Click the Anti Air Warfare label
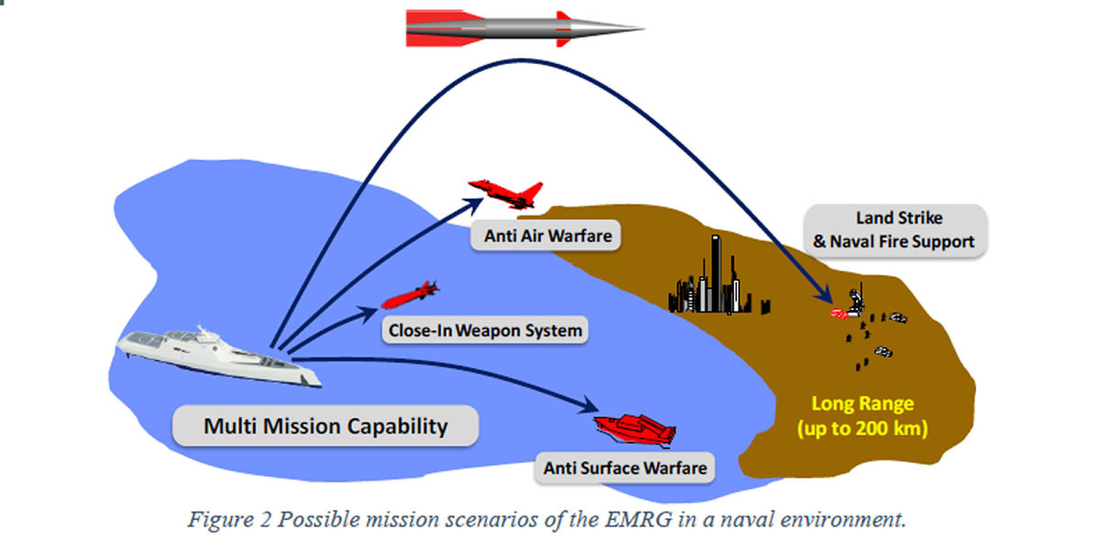[x=547, y=236]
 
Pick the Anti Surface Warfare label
[x=625, y=468]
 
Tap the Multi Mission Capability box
[x=326, y=426]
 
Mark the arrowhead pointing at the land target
[x=829, y=299]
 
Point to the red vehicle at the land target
[x=839, y=314]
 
